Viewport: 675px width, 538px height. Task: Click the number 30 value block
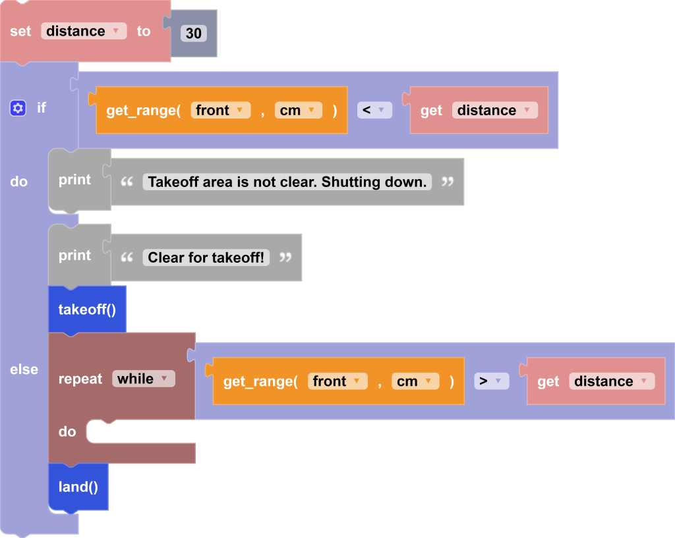coord(193,34)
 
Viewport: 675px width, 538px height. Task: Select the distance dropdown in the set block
coord(84,31)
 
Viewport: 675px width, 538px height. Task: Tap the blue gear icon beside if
coord(18,108)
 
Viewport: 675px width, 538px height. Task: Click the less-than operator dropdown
coord(374,110)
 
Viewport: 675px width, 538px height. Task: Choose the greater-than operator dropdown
coord(491,381)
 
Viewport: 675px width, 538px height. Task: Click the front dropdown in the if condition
coord(221,110)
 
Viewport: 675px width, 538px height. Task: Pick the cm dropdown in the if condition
coord(298,110)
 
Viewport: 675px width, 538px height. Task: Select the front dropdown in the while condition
coord(337,381)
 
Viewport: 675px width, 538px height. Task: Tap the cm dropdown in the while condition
coord(415,381)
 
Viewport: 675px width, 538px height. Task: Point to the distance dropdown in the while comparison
coord(612,381)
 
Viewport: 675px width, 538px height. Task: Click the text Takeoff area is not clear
coord(287,182)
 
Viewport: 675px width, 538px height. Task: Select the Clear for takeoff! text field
coord(206,257)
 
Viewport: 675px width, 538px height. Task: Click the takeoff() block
coord(87,309)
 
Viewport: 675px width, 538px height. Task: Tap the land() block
coord(78,487)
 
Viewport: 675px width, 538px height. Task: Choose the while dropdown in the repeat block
coord(143,379)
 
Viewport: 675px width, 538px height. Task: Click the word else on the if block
coord(24,369)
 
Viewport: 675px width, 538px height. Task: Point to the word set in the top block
coord(20,31)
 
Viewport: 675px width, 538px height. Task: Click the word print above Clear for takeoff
coord(74,256)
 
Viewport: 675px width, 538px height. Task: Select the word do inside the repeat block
coord(67,432)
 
